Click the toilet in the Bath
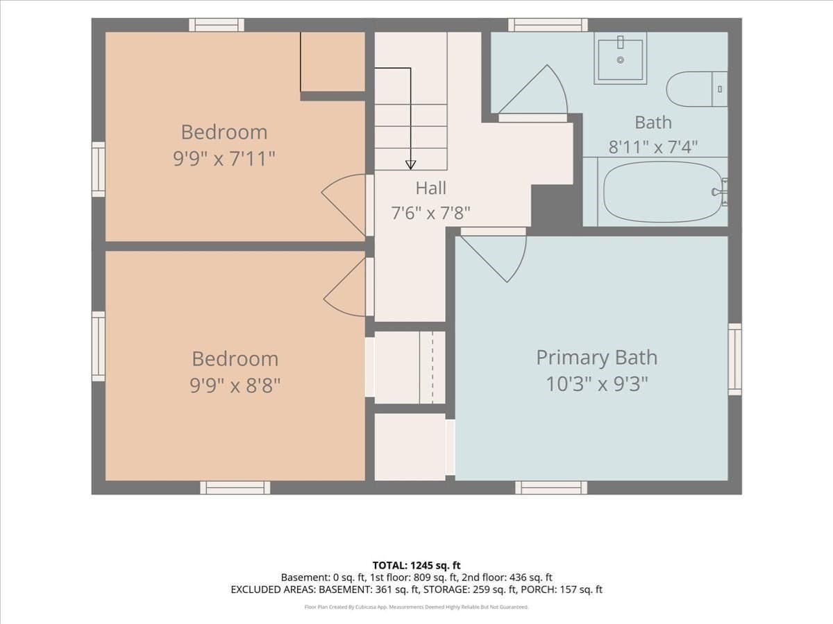point(697,89)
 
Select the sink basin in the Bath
point(620,58)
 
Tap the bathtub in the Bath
point(662,192)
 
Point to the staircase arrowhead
point(411,165)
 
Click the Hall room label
point(431,188)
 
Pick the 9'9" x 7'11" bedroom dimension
point(224,158)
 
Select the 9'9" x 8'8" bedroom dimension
point(235,385)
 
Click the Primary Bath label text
point(596,357)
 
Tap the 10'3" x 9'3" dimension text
point(596,384)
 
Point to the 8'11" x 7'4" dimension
point(653,147)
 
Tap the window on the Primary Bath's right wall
point(734,359)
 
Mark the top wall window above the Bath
point(548,25)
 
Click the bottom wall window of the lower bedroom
point(235,487)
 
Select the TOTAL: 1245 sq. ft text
point(416,566)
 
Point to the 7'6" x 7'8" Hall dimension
point(431,213)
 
